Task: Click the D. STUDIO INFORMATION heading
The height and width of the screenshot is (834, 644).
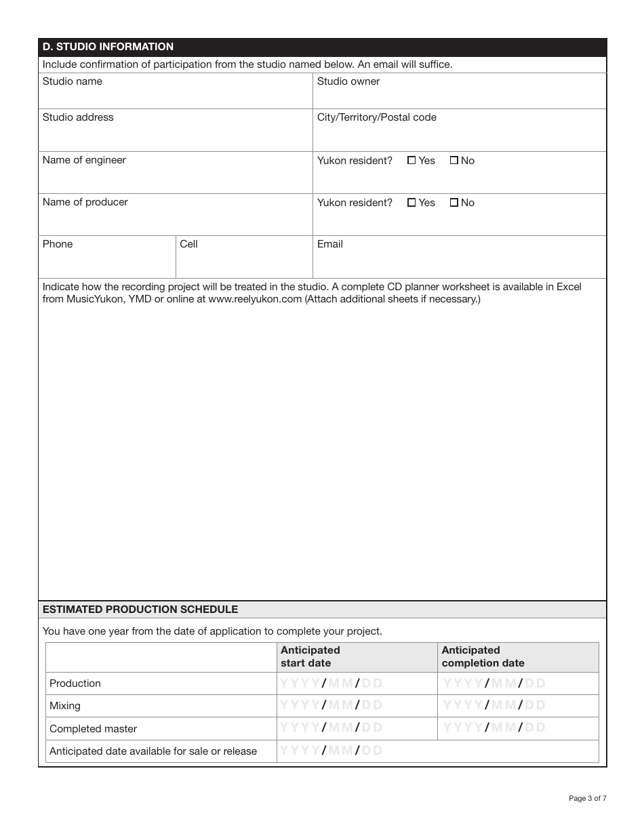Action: click(108, 47)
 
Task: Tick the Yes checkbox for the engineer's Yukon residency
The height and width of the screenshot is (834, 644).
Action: click(411, 161)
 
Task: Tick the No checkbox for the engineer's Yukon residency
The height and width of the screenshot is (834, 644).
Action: click(454, 161)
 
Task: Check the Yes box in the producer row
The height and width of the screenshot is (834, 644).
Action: click(411, 203)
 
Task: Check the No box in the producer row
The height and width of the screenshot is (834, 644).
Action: click(454, 203)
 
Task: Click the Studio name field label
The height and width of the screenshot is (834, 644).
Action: click(73, 81)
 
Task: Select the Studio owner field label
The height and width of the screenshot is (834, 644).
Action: click(348, 81)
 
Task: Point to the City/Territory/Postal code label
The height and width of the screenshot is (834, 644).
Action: click(377, 117)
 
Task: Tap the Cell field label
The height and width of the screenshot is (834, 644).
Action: click(188, 244)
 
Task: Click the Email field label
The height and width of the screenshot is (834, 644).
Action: click(330, 244)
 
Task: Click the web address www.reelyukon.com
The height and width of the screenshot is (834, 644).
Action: click(254, 299)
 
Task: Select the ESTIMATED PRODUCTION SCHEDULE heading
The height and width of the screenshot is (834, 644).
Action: click(140, 610)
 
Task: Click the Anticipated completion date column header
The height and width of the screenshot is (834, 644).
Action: click(483, 656)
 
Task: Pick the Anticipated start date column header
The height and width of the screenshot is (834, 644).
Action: click(310, 656)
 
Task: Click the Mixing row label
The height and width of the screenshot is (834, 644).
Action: click(65, 706)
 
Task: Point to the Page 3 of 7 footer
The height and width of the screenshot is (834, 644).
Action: click(587, 798)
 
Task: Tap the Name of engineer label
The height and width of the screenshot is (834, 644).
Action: click(84, 160)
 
